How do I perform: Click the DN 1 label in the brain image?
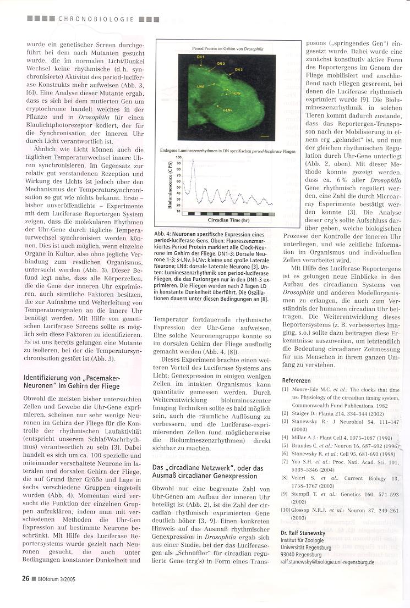(x=201, y=57)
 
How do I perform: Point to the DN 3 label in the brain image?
(x=239, y=70)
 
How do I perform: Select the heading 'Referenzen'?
(x=296, y=380)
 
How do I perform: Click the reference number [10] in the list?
(x=286, y=511)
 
